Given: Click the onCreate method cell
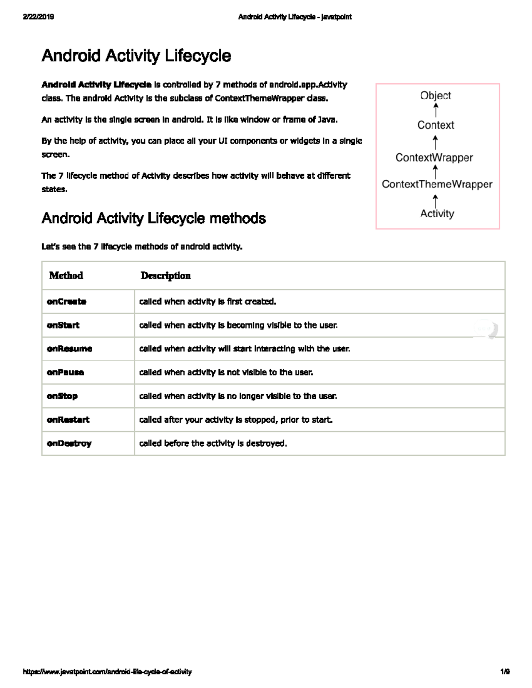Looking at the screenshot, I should [x=66, y=302].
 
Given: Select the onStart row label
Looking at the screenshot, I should [x=63, y=325].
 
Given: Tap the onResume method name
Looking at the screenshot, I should [x=70, y=349].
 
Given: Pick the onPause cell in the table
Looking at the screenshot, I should [x=66, y=373].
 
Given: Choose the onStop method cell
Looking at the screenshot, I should [x=62, y=396].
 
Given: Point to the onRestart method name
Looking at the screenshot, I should [x=68, y=420].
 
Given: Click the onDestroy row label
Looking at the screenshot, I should [x=69, y=443].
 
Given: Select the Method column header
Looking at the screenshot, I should [x=66, y=276].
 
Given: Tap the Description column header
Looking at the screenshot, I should [x=165, y=276].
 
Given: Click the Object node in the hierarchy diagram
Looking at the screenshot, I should [x=436, y=95].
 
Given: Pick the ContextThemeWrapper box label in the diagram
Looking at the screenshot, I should [x=437, y=184].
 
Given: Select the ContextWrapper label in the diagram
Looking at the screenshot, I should [x=434, y=158].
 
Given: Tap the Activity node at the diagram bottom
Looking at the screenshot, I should [x=437, y=214].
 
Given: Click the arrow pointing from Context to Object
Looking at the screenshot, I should [x=436, y=110].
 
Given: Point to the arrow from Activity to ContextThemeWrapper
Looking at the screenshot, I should [x=436, y=200].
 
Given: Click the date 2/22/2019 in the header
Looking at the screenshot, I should [x=38, y=17].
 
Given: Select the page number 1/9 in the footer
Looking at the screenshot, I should [x=505, y=672].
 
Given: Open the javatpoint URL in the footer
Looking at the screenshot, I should [x=107, y=672].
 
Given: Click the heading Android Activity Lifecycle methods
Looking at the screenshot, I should [x=153, y=218].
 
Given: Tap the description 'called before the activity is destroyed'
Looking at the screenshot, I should [x=213, y=443].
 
